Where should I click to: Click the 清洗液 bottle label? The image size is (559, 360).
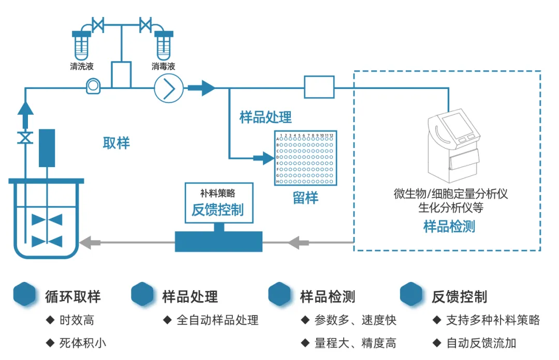(x=82, y=67)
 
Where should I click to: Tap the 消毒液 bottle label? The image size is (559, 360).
(x=164, y=67)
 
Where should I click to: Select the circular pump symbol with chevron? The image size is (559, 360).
(x=169, y=88)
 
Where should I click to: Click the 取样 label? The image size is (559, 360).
(x=116, y=143)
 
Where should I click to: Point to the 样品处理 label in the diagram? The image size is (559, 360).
(x=266, y=117)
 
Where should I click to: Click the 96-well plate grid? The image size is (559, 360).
(x=305, y=158)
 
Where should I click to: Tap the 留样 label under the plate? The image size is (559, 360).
(x=305, y=198)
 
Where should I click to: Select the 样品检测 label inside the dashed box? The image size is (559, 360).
(x=449, y=226)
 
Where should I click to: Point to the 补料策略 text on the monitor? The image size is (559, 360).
(x=217, y=193)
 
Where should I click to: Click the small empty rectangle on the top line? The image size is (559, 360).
(x=319, y=87)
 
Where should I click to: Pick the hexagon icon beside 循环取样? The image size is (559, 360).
(x=25, y=294)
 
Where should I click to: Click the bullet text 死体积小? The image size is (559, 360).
(x=83, y=342)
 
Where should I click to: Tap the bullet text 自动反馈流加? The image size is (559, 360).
(x=481, y=342)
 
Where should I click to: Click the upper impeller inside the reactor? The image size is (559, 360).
(x=47, y=220)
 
